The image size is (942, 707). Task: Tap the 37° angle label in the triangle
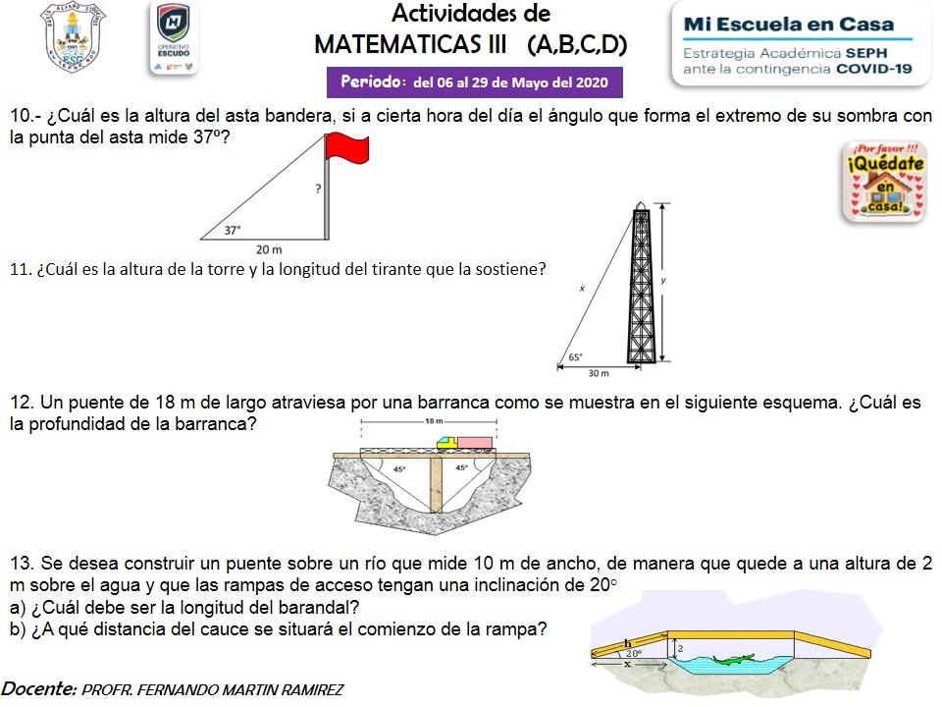click(233, 231)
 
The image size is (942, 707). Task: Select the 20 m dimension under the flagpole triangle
click(269, 249)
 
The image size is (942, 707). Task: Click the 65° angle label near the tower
click(576, 358)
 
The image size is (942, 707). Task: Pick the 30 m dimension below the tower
click(599, 374)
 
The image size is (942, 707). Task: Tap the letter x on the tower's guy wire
click(582, 289)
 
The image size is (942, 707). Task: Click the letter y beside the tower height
click(664, 281)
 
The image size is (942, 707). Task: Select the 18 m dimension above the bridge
click(434, 420)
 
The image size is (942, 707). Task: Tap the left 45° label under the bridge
click(399, 468)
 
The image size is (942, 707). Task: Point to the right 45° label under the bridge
click(461, 468)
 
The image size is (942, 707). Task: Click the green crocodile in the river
click(733, 658)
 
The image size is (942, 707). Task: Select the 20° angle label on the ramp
click(634, 652)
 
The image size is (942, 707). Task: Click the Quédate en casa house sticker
click(884, 181)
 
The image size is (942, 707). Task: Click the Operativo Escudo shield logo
click(174, 37)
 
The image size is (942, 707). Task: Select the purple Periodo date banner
click(475, 82)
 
